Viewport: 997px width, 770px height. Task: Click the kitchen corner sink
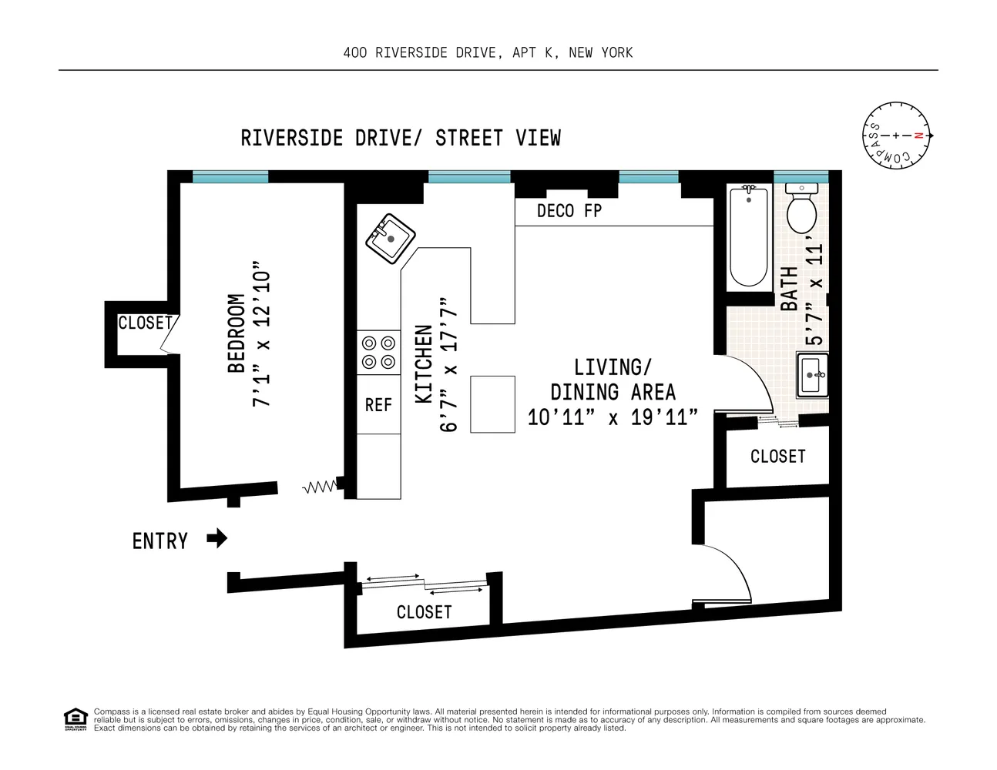coord(390,239)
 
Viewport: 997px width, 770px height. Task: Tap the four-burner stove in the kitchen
coord(378,353)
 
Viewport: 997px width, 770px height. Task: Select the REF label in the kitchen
coord(378,405)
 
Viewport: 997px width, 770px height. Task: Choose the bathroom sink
coord(813,376)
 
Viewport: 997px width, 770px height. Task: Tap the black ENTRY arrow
coord(217,538)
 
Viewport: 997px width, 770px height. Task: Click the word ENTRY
coord(160,541)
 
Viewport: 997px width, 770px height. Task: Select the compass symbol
coord(896,136)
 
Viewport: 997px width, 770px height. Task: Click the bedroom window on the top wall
coord(230,177)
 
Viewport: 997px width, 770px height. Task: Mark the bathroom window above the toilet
coord(801,177)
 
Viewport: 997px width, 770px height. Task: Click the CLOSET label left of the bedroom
coord(145,323)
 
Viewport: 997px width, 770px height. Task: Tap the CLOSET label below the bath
coord(777,457)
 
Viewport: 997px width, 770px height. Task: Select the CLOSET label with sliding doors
coord(424,612)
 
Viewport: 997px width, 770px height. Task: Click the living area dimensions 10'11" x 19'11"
coord(613,417)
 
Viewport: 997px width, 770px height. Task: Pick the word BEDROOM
coord(236,333)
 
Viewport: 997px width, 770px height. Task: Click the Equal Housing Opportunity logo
coord(75,719)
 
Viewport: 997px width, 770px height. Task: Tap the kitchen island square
coord(492,404)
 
